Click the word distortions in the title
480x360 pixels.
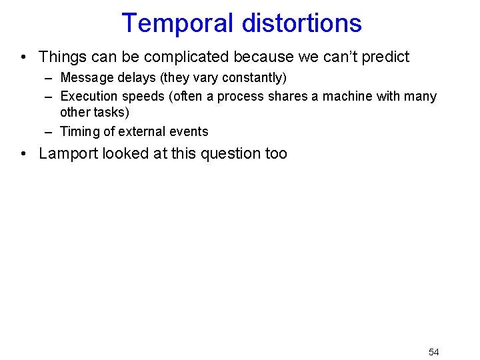coord(301,23)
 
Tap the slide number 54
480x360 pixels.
coord(433,352)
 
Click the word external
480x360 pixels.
coord(141,131)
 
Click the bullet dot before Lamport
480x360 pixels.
coord(24,154)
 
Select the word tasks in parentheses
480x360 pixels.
coord(110,113)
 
